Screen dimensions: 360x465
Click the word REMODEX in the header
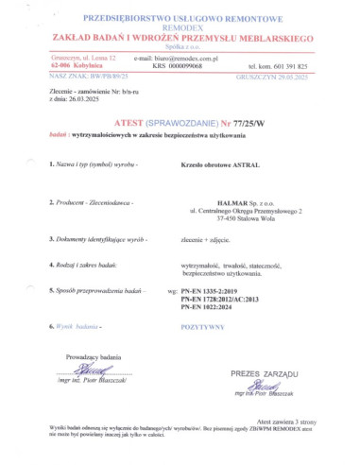coord(180,27)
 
